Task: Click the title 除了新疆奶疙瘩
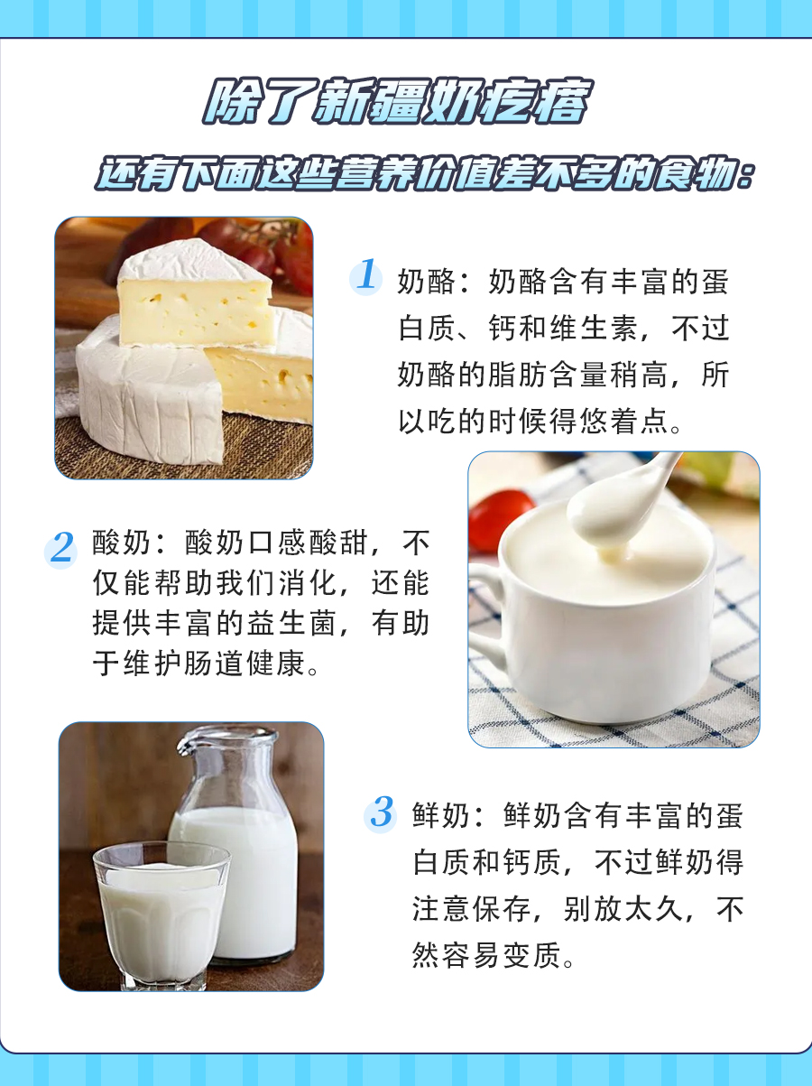(x=396, y=107)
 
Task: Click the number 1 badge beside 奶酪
(x=366, y=274)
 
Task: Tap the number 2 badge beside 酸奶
(x=61, y=548)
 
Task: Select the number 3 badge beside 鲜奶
(x=382, y=813)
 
